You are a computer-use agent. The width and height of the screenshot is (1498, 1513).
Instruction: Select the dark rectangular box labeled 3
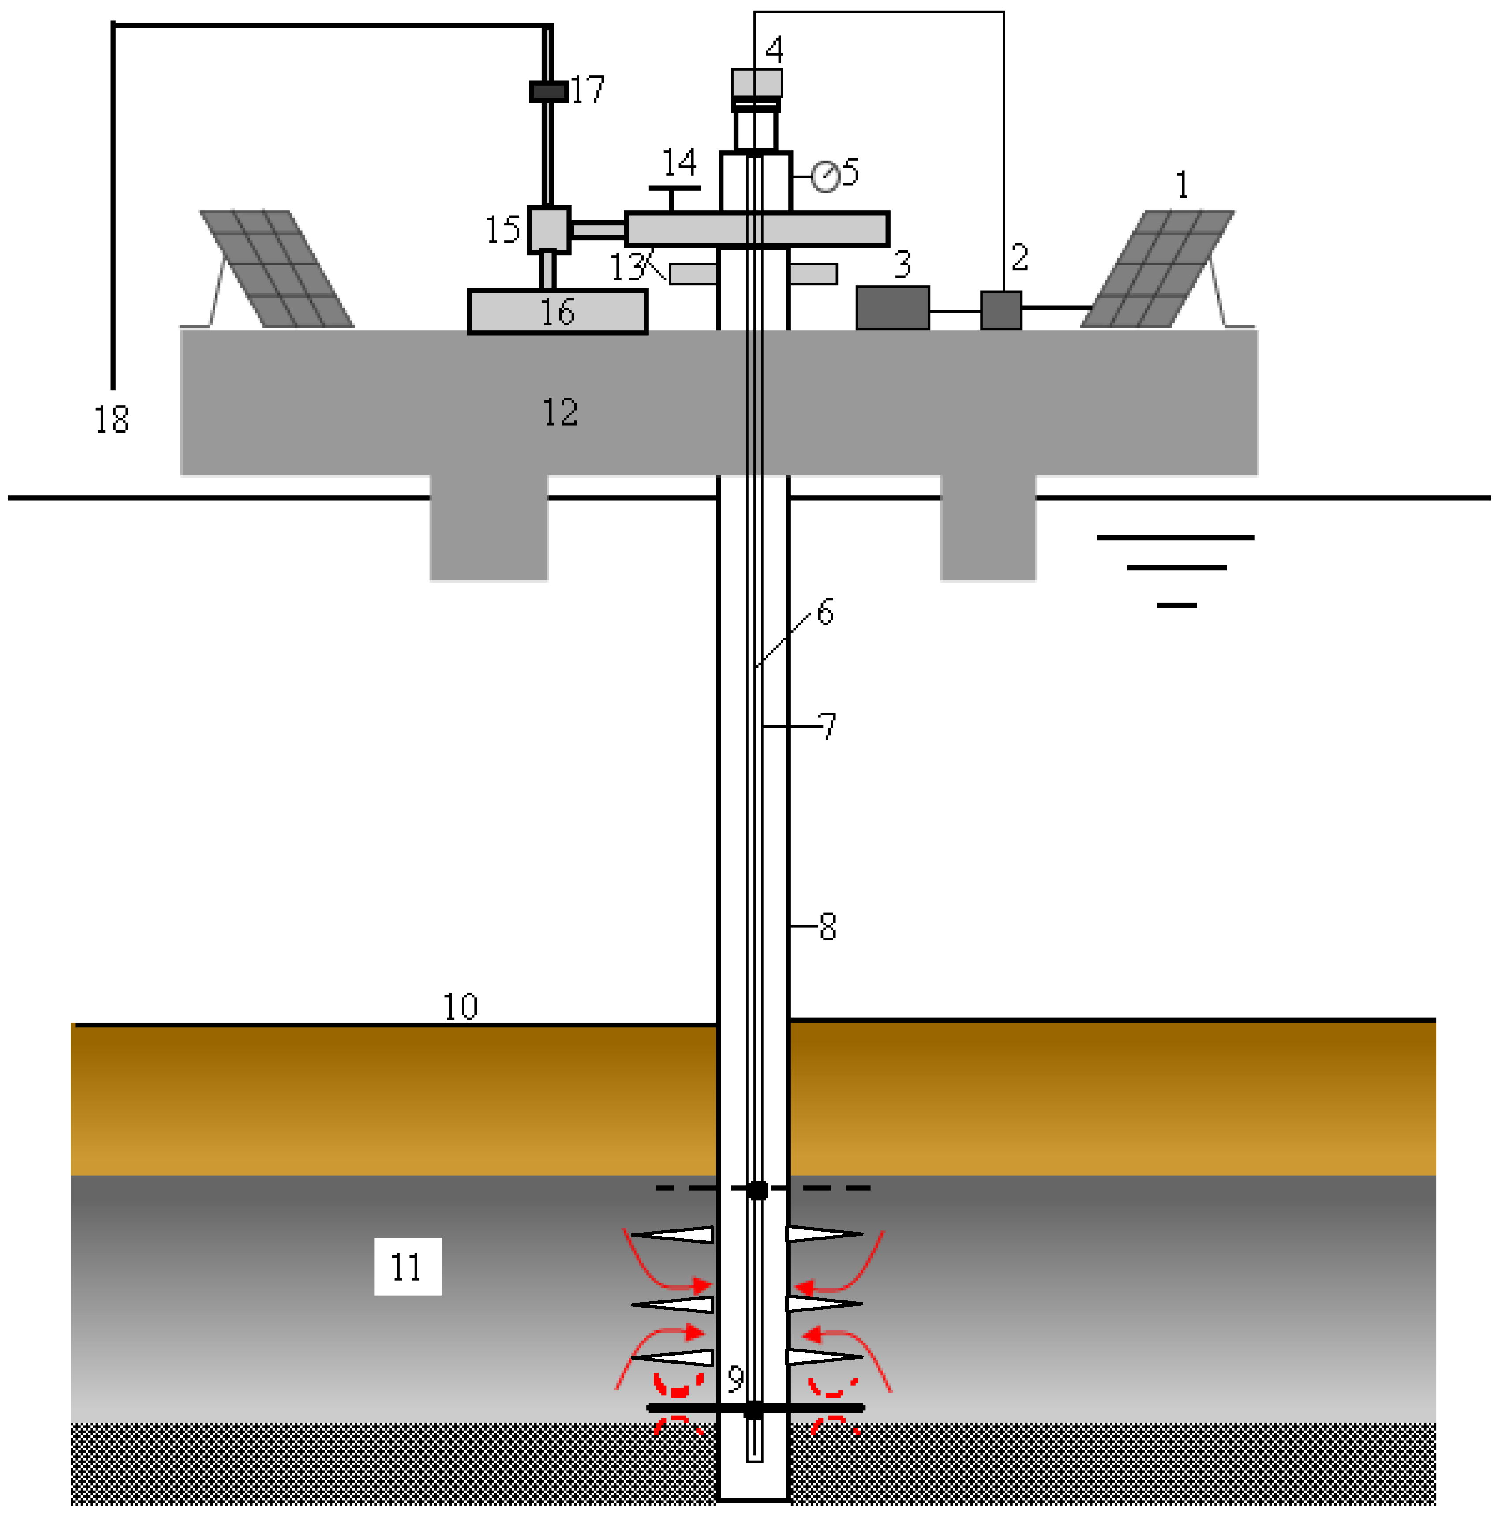click(892, 308)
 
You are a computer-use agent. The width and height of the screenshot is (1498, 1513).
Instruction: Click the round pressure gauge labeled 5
click(824, 176)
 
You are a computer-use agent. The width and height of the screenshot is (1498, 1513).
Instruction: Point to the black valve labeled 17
click(548, 92)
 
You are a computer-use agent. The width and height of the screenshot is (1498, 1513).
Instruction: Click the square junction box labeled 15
click(548, 229)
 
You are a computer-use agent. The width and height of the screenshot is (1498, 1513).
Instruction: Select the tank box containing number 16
click(557, 312)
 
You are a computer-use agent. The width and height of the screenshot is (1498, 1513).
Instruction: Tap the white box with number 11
click(408, 1266)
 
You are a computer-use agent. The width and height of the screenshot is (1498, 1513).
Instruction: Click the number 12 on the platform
click(559, 412)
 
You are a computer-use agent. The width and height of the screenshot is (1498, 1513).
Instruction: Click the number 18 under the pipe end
click(111, 420)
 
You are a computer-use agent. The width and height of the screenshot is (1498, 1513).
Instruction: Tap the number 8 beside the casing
click(828, 926)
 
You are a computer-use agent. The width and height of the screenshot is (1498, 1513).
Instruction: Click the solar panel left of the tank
click(277, 269)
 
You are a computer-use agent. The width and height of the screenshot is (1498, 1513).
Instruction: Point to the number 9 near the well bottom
click(735, 1379)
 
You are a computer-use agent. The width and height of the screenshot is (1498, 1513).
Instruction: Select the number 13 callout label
click(627, 268)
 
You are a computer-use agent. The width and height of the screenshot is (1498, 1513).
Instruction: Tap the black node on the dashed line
click(757, 1190)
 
